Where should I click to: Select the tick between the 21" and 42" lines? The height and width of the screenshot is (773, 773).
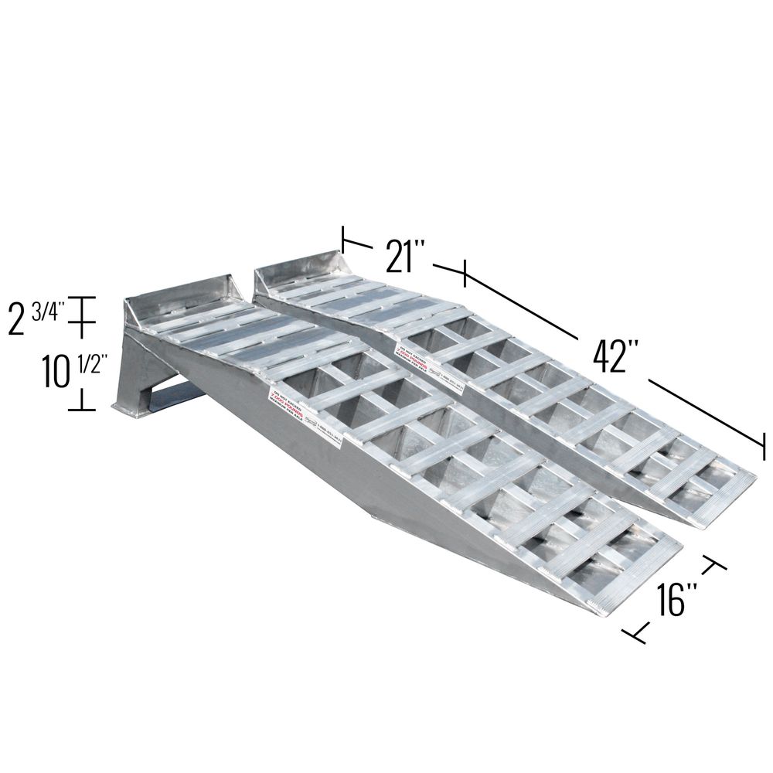point(464,273)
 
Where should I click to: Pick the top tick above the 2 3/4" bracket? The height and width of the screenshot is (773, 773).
point(83,298)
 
